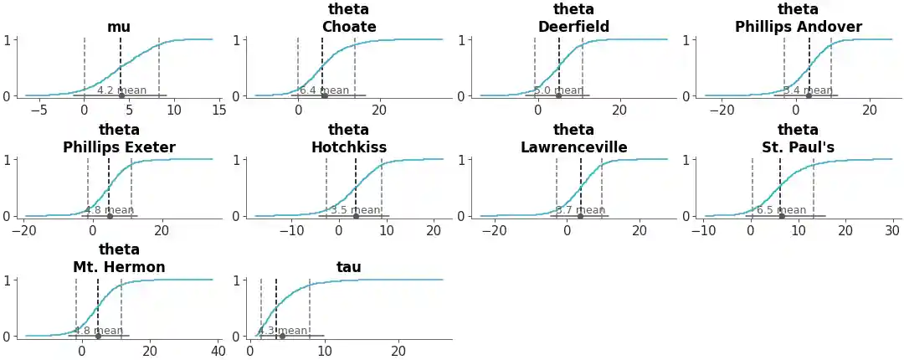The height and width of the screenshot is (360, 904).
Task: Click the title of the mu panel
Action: pyautogui.click(x=119, y=27)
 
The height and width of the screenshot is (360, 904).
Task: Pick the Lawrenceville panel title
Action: pyautogui.click(x=573, y=147)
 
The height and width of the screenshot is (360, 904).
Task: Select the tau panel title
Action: pyautogui.click(x=349, y=267)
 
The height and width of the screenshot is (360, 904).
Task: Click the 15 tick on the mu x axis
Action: pyautogui.click(x=218, y=110)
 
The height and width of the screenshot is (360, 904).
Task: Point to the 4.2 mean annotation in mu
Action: pyautogui.click(x=121, y=90)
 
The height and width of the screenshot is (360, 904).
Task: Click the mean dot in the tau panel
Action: pyautogui.click(x=282, y=336)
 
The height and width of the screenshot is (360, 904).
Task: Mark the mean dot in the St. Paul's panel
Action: pyautogui.click(x=782, y=216)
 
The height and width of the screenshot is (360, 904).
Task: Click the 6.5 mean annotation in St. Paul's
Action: pyautogui.click(x=781, y=210)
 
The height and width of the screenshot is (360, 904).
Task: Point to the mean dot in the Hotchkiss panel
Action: pyautogui.click(x=356, y=216)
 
